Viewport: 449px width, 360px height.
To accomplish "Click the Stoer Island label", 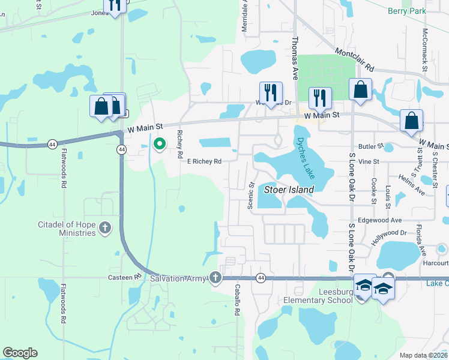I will click(289, 190).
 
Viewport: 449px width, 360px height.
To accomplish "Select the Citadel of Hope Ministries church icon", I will click(105, 227).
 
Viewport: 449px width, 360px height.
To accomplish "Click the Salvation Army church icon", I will click(215, 278).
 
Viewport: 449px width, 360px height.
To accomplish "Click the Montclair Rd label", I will click(354, 61).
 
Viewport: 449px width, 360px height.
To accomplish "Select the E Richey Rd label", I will click(204, 161).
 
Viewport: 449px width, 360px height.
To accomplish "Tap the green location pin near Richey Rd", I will click(160, 145).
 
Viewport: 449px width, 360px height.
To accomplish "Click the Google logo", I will click(20, 353).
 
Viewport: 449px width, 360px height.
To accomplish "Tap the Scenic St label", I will click(252, 196).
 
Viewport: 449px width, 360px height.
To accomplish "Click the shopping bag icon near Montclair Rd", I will click(360, 91).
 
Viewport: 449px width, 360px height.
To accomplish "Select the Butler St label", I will click(370, 146).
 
